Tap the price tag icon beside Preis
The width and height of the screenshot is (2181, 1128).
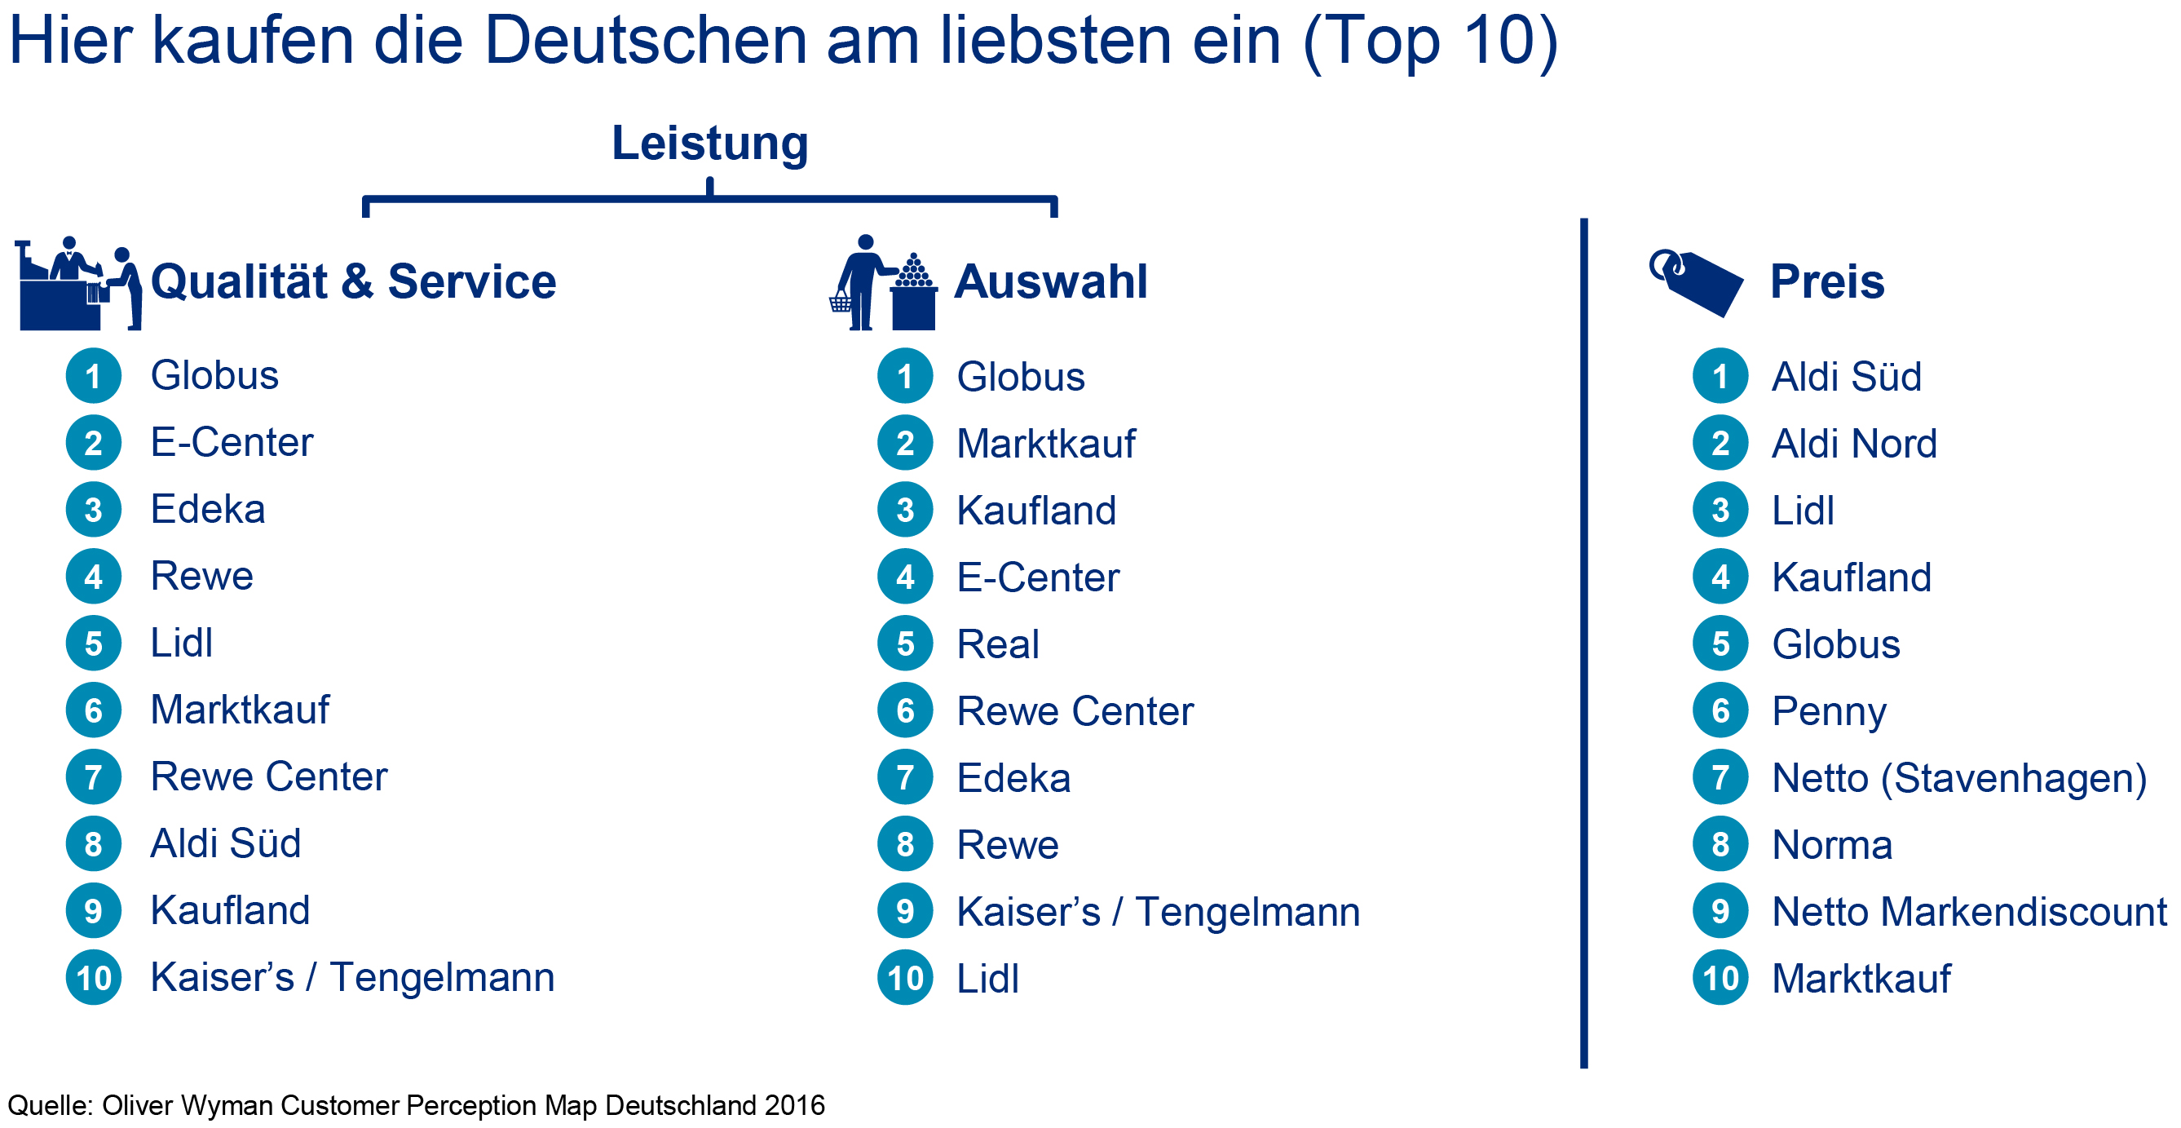(x=1696, y=283)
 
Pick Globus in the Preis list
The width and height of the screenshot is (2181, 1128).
(x=1835, y=644)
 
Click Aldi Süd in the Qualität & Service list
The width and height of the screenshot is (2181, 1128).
(x=225, y=843)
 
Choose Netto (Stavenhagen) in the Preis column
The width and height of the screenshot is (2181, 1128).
(x=1959, y=778)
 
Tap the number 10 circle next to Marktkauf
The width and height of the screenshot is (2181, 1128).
(x=1720, y=978)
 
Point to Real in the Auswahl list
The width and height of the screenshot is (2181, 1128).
(x=997, y=644)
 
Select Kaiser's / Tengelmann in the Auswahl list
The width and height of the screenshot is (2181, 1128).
(x=1158, y=912)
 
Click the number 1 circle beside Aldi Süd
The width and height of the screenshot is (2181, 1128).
(x=1720, y=376)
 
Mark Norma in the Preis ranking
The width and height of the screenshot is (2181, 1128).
(x=1831, y=845)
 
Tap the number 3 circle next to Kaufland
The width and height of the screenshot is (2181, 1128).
(x=904, y=510)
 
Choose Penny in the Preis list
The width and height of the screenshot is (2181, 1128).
(x=1829, y=711)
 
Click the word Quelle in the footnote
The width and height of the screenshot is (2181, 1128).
(x=49, y=1105)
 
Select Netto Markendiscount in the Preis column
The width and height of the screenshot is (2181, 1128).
(x=1969, y=912)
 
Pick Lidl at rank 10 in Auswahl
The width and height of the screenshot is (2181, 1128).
(x=987, y=979)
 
